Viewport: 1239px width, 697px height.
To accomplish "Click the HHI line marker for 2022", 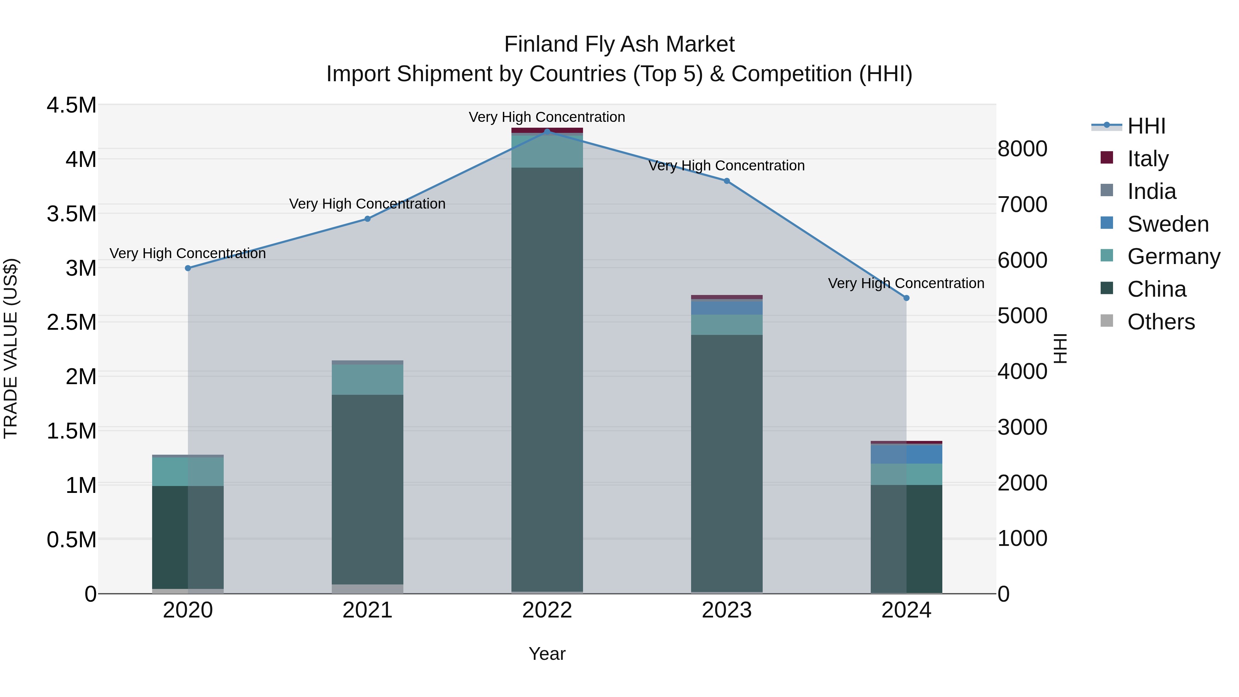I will pos(547,131).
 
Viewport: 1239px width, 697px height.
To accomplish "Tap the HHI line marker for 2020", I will pos(188,268).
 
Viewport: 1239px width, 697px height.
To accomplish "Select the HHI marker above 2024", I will pos(906,298).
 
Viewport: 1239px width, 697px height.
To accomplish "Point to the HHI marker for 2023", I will pos(727,181).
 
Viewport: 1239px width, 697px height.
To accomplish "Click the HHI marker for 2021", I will pos(368,219).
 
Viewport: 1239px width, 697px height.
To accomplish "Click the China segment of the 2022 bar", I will pos(547,380).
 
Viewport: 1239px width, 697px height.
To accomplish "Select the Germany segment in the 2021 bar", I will pos(368,380).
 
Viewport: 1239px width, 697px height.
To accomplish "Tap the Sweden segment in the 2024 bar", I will pos(906,454).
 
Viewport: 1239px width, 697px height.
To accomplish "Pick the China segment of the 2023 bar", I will pos(727,462).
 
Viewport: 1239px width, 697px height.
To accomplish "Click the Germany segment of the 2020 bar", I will pos(188,472).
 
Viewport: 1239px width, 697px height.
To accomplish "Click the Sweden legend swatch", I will pos(1107,223).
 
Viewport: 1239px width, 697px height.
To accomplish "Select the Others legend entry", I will pos(1161,322).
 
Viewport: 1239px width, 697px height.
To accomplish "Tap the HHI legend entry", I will pos(1146,126).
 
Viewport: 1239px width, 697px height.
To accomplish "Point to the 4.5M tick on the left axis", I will pos(72,105).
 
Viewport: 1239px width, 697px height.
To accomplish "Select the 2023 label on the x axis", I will pos(727,610).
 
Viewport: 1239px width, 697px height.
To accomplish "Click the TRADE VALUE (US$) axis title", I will pos(11,348).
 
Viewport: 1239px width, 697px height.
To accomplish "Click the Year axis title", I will pos(547,654).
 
